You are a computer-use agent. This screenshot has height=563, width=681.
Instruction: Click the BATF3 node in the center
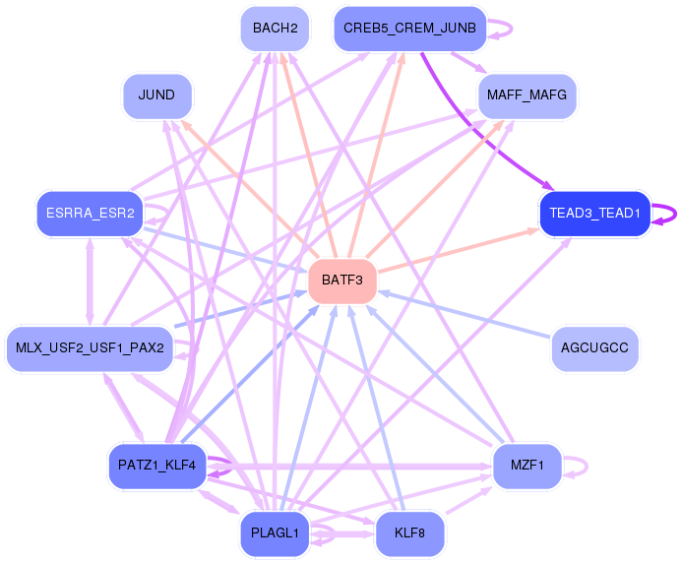342,281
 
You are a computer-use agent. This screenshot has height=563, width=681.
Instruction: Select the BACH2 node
275,29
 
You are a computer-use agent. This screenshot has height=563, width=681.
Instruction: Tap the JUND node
157,96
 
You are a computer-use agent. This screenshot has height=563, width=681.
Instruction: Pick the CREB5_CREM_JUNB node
409,29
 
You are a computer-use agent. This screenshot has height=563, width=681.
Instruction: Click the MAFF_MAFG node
526,96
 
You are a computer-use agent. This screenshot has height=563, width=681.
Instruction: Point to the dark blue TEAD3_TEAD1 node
594,214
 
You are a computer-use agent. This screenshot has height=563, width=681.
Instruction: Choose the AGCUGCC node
594,348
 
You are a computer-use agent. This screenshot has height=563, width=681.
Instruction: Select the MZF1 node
526,467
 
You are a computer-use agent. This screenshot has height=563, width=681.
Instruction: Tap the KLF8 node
409,533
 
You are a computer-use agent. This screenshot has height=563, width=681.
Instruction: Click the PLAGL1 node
275,533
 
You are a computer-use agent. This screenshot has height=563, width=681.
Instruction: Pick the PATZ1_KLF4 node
157,467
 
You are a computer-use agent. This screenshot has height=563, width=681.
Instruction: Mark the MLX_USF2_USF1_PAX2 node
90,348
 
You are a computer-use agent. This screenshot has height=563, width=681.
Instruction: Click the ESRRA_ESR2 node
90,214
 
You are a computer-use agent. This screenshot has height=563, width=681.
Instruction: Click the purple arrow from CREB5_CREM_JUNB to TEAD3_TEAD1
476,131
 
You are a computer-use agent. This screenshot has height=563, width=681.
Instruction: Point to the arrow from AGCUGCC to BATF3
464,315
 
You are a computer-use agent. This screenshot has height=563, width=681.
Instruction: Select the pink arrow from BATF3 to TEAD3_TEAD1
459,251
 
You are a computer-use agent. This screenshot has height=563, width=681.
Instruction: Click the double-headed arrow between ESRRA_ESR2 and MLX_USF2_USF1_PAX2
90,281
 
